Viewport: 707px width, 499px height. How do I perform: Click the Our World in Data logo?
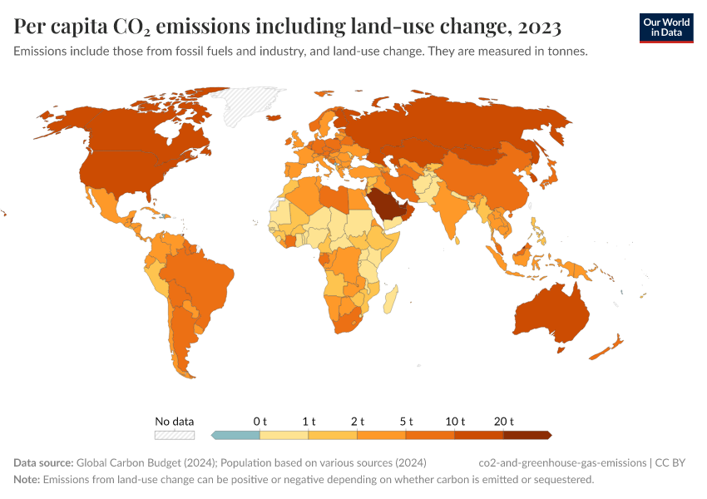pos(665,27)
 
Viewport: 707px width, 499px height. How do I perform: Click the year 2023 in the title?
pos(539,27)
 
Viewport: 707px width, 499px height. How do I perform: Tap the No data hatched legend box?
pos(174,434)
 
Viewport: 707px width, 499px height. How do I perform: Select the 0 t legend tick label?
pos(260,422)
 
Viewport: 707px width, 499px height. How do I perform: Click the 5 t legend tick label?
pos(407,422)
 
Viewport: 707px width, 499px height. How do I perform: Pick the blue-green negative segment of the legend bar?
pos(237,434)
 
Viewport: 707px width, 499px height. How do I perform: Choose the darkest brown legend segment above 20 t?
pos(528,434)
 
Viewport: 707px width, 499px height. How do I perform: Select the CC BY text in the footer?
pos(675,462)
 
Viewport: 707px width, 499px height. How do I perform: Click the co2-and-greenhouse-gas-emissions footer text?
pos(563,462)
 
